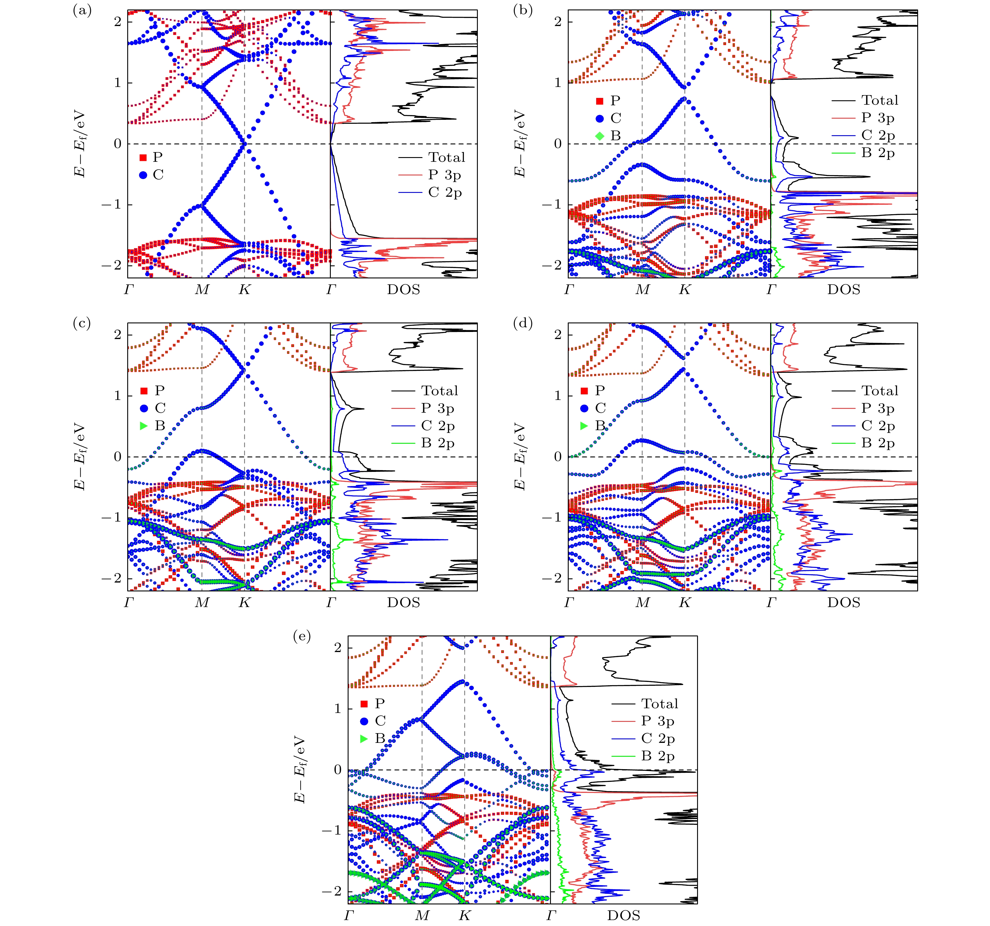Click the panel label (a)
pos(82,10)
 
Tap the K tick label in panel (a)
pos(244,289)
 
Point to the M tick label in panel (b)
pos(642,289)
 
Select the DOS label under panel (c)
pos(403,602)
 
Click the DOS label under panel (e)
pos(623,915)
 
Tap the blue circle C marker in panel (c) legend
pos(144,408)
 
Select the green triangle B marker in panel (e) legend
pos(364,738)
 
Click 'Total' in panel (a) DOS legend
pos(446,158)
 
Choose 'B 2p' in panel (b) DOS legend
pos(878,153)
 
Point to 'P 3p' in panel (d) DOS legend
pos(878,408)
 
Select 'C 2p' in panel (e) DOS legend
pos(658,738)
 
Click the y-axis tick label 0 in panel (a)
pos(117,144)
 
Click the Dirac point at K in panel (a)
pos(244,144)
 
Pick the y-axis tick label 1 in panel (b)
pos(558,83)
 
